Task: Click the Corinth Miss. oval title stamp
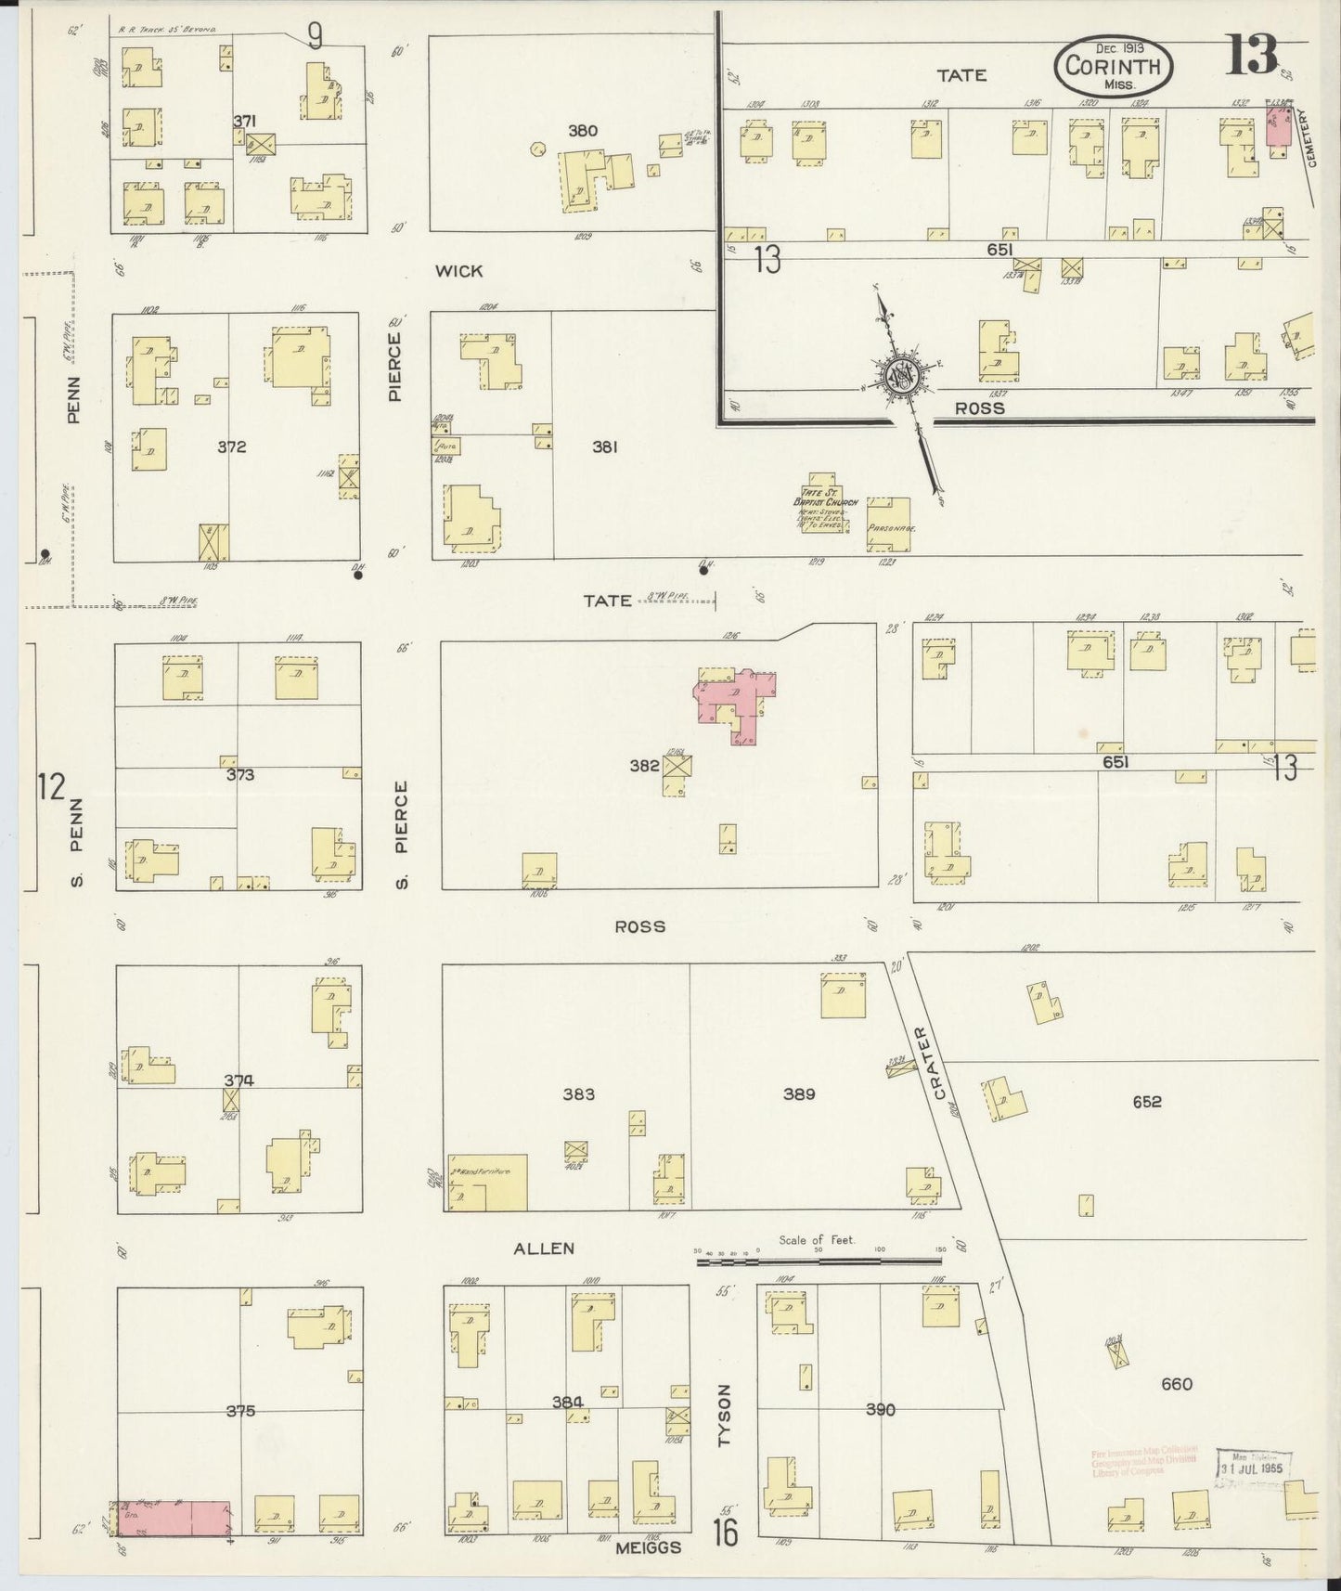coord(1113,66)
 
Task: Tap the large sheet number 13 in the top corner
coord(1252,55)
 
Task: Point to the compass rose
coord(900,375)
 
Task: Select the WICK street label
coord(459,271)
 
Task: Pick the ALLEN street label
coord(544,1248)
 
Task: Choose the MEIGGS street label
coord(650,1546)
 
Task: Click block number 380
coord(583,131)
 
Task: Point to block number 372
coord(231,446)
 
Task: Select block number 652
coord(1147,1102)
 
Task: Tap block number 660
coord(1177,1384)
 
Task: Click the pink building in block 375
coord(174,1518)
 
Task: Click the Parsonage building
coord(888,525)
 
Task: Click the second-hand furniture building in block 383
coord(487,1182)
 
